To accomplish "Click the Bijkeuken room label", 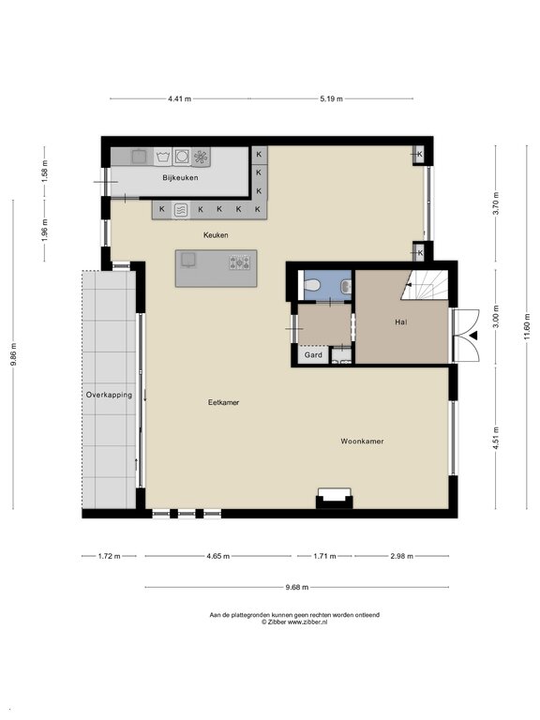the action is click(x=180, y=178).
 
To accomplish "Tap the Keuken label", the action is click(x=216, y=235).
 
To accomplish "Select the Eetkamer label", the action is click(x=224, y=402).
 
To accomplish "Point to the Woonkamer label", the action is click(x=362, y=442).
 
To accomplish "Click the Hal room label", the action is click(x=401, y=322).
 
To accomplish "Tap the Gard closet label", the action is click(x=313, y=355).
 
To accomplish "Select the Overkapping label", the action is click(x=109, y=395).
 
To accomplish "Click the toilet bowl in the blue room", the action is click(x=311, y=287).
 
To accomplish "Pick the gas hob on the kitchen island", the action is click(x=240, y=262).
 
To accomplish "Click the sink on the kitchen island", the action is click(x=187, y=260).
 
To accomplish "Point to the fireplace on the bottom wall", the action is click(x=335, y=498).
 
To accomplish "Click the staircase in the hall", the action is click(x=425, y=285).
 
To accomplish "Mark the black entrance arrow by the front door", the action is click(x=473, y=336).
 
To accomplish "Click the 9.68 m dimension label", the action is click(x=296, y=587).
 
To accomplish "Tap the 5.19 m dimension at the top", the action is click(x=332, y=98).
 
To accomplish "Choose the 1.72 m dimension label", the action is click(x=109, y=556).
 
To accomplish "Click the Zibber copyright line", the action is click(x=294, y=622).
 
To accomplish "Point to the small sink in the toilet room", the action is click(x=346, y=287).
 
